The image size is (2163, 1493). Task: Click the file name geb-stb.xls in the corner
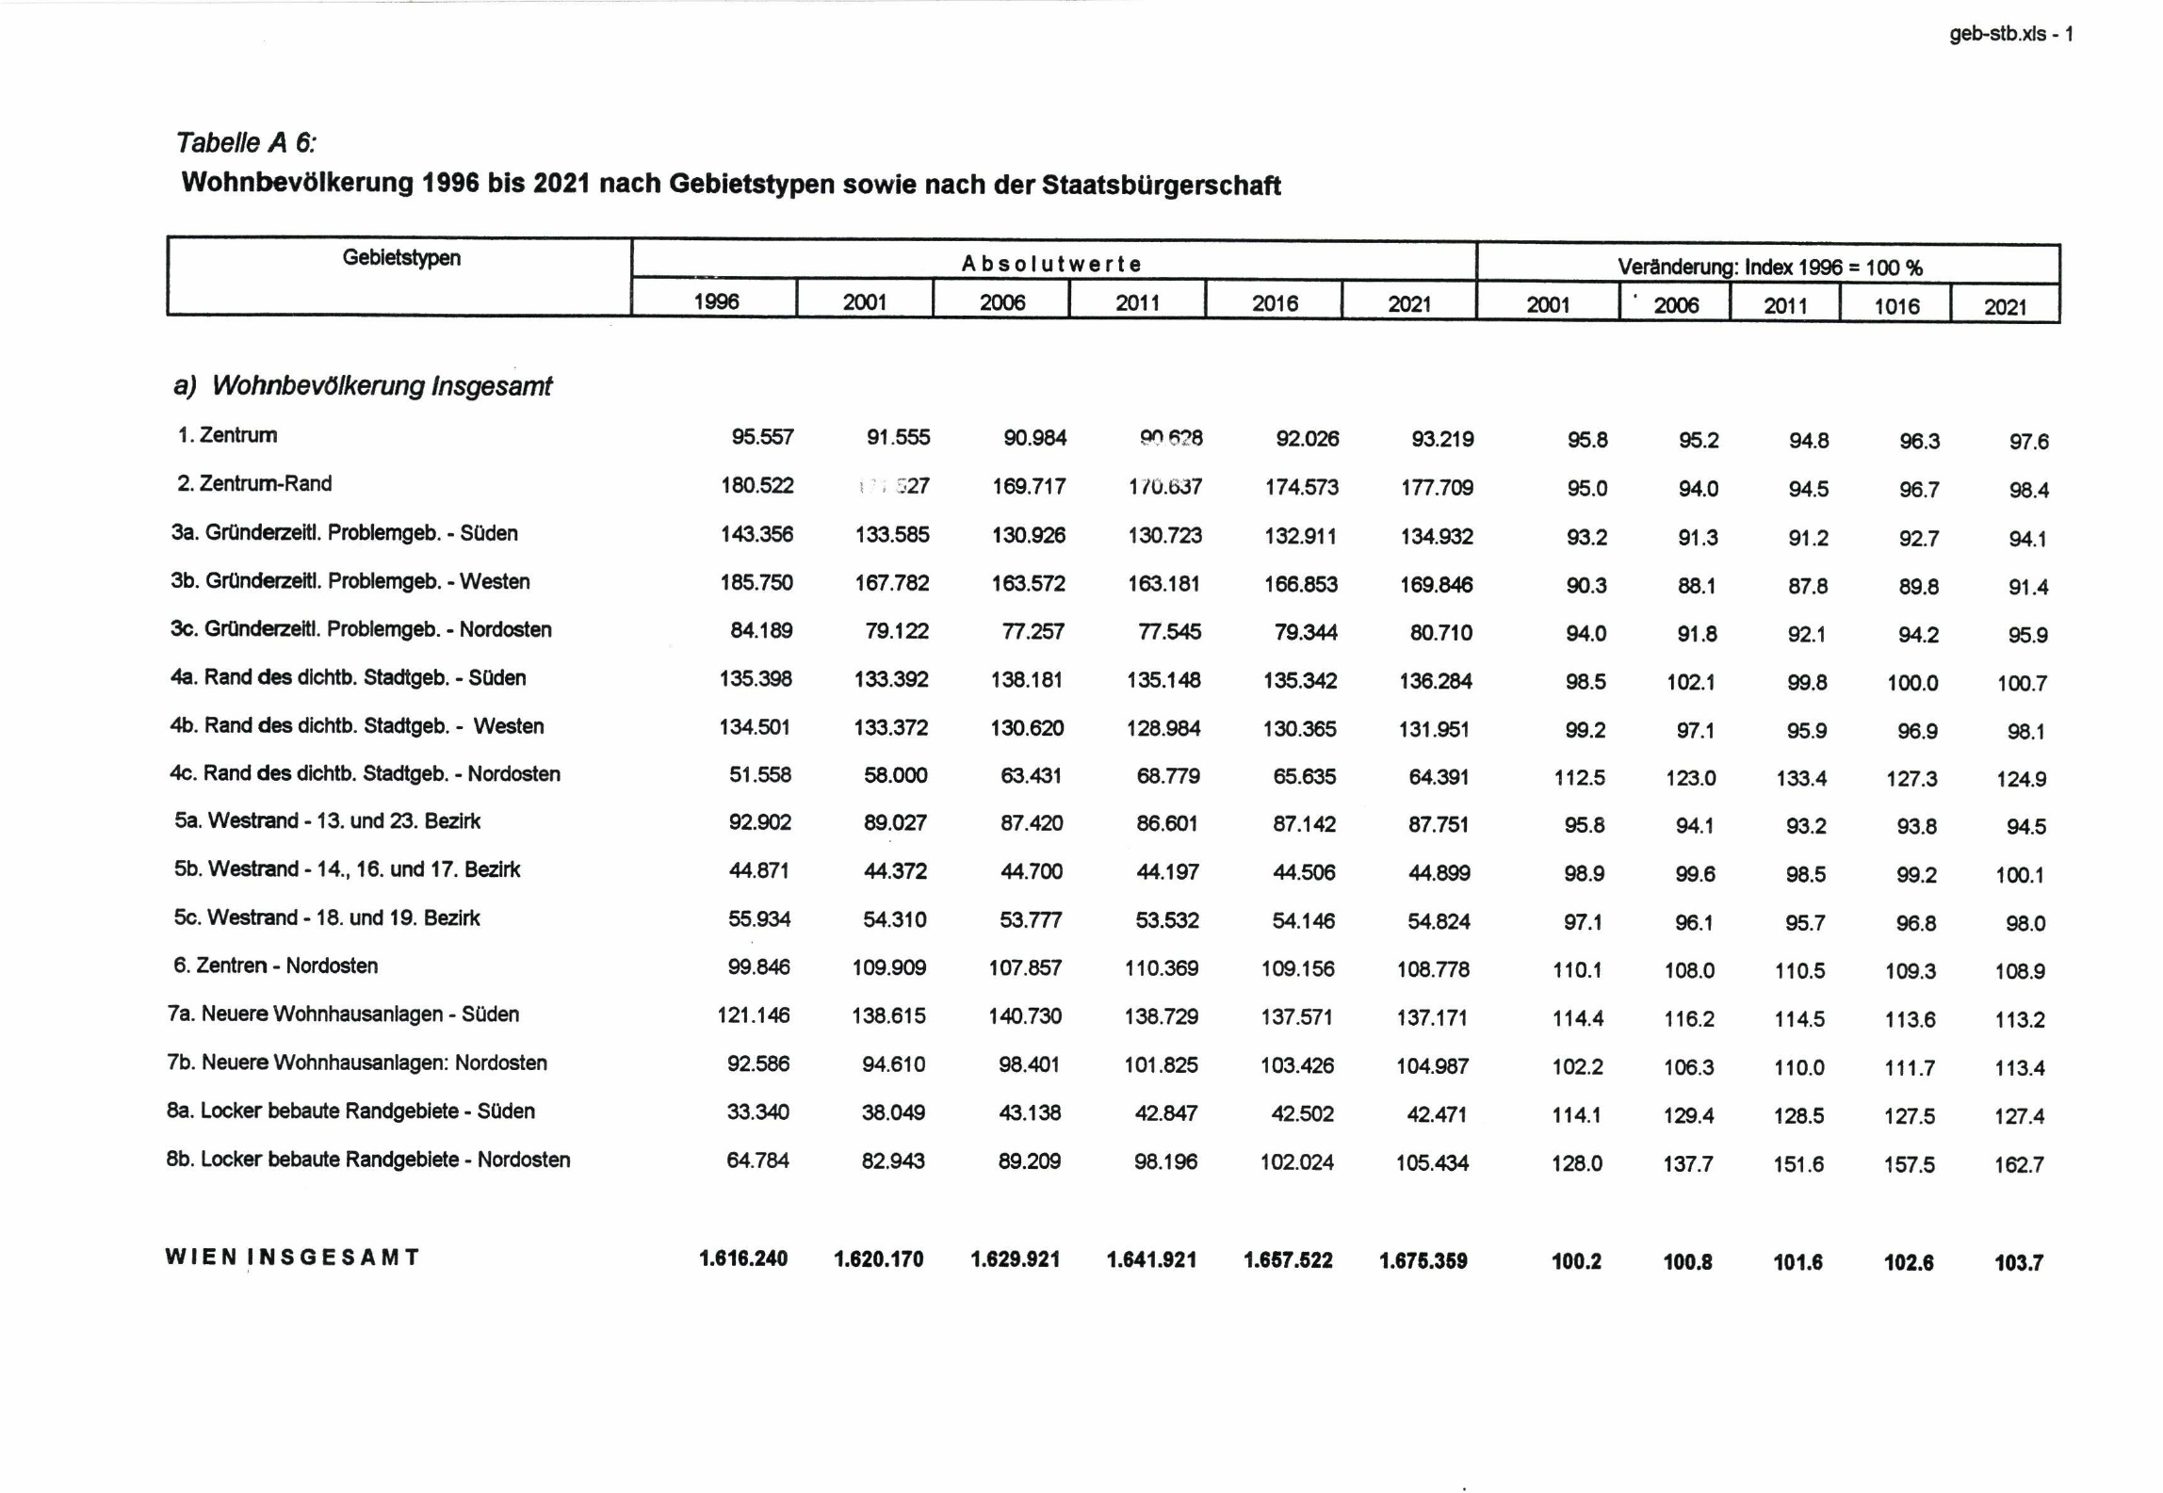click(1997, 34)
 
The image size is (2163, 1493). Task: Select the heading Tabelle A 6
click(246, 142)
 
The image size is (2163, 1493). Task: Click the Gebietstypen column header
click(401, 258)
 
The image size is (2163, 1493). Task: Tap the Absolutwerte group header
click(1051, 264)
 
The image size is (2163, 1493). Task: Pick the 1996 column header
click(716, 301)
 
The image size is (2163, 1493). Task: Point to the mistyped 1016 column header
click(1895, 306)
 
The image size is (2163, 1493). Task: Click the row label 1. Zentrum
click(227, 435)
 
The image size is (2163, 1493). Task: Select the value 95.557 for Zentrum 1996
click(762, 437)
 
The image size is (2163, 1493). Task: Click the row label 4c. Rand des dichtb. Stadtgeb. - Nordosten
click(365, 773)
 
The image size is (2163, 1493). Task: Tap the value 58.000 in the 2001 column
click(895, 775)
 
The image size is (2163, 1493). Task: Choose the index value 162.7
click(2019, 1165)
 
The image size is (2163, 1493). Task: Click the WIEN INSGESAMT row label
click(292, 1257)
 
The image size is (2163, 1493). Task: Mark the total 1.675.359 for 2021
click(1423, 1260)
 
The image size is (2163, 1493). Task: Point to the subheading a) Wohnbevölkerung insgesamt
click(363, 385)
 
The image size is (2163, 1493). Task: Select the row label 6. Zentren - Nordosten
click(275, 966)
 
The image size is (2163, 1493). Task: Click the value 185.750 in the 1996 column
click(756, 582)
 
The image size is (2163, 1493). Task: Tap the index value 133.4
click(1800, 778)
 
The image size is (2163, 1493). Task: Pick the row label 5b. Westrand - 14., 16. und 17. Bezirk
click(347, 869)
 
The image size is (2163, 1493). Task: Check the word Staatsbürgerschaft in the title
click(1161, 185)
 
